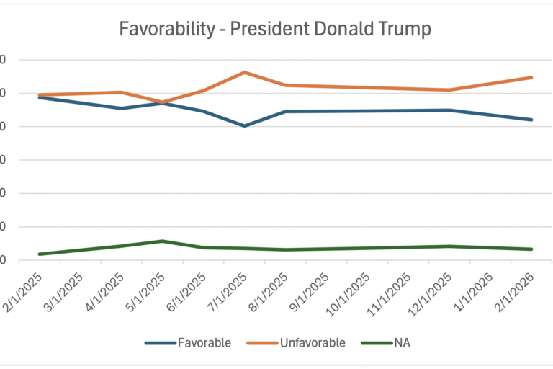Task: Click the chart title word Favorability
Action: [x=156, y=30]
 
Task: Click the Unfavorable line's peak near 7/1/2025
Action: [x=244, y=72]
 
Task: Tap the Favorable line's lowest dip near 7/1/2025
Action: [x=244, y=126]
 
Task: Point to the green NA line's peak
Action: [x=163, y=241]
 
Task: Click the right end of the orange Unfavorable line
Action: [x=531, y=77]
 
